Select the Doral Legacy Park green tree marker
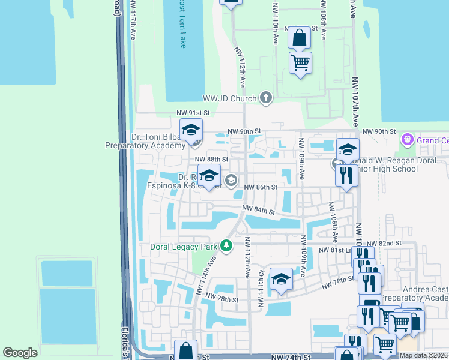tap(226, 246)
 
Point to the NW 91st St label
tap(193, 113)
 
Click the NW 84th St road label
tap(258, 211)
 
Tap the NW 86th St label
tap(260, 187)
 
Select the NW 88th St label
tap(212, 159)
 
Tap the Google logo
tap(20, 353)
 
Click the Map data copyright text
tap(424, 355)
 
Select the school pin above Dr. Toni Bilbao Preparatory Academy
tap(191, 130)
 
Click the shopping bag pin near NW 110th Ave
tap(299, 38)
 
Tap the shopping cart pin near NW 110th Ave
tap(300, 62)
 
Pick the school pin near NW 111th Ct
tap(280, 279)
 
